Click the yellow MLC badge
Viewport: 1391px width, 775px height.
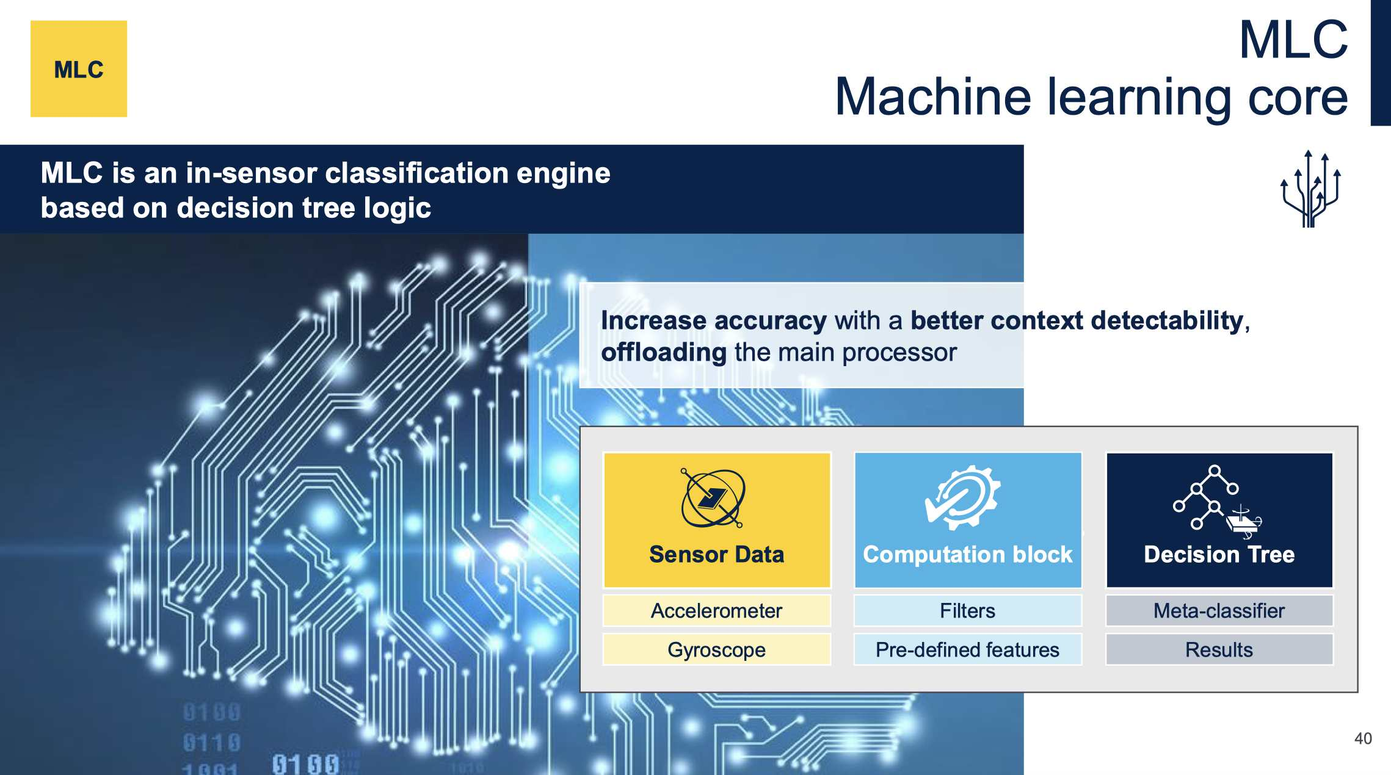pos(79,69)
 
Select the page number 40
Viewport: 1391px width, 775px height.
pos(1363,738)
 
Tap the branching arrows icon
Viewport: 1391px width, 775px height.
pos(1310,189)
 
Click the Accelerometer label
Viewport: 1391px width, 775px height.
pos(716,611)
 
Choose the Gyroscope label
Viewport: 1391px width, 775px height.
pos(716,650)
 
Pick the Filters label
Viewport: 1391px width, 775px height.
pos(967,611)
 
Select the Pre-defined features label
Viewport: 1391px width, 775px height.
pos(967,650)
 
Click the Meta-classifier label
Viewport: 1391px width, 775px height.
pos(1219,611)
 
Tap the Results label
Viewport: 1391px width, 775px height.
pos(1219,650)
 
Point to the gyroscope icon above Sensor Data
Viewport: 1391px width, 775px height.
pos(713,498)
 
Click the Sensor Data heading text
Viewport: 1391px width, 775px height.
pos(716,554)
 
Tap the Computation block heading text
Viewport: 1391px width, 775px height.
pos(967,554)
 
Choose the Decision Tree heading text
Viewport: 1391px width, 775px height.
pos(1219,554)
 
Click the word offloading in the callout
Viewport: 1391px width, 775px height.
pos(664,353)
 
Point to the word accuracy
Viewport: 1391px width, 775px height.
pos(770,320)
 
